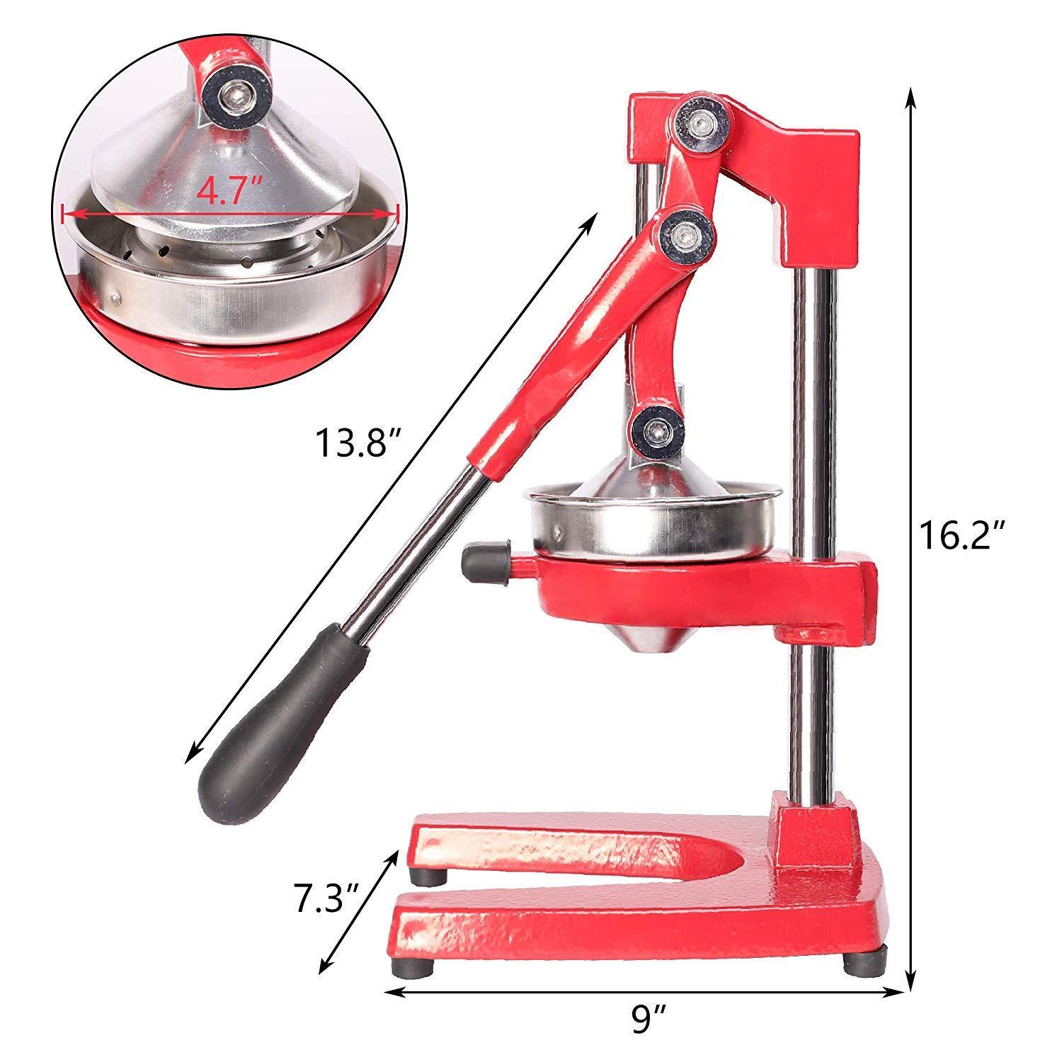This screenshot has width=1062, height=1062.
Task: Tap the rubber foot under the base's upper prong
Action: coord(430,876)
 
